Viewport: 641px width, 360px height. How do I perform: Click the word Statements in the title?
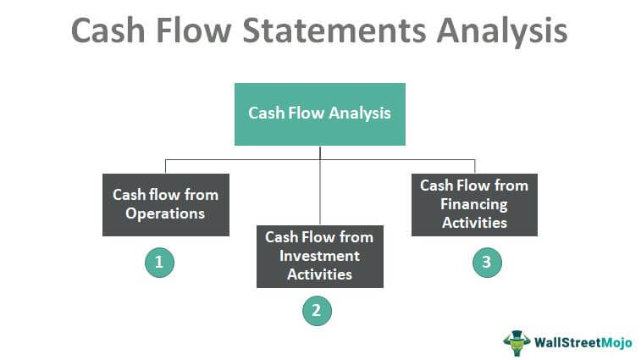pyautogui.click(x=334, y=30)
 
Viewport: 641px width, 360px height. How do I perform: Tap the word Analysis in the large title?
pyautogui.click(x=502, y=31)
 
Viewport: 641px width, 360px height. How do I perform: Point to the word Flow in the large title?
pyautogui.click(x=194, y=30)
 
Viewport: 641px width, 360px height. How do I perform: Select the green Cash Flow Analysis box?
pyautogui.click(x=320, y=114)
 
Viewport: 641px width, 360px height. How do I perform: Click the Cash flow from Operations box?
pyautogui.click(x=166, y=205)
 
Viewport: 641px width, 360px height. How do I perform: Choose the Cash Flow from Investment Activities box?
pyautogui.click(x=320, y=257)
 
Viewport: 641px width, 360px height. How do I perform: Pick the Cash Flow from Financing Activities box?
pyautogui.click(x=475, y=205)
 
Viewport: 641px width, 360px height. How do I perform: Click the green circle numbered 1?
pyautogui.click(x=159, y=263)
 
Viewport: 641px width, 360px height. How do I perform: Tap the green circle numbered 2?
pyautogui.click(x=318, y=311)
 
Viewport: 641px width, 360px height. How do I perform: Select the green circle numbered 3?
pyautogui.click(x=487, y=263)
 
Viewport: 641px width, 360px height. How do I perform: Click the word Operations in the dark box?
pyautogui.click(x=165, y=214)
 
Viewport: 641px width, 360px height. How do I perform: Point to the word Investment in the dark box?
pyautogui.click(x=320, y=256)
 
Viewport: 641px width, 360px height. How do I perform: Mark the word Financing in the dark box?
pyautogui.click(x=474, y=204)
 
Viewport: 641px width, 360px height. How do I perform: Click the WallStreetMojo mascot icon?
pyautogui.click(x=517, y=343)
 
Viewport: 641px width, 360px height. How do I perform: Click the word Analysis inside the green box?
pyautogui.click(x=360, y=114)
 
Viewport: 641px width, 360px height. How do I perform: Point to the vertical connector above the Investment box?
pyautogui.click(x=320, y=186)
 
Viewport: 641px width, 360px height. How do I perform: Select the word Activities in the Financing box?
pyautogui.click(x=475, y=223)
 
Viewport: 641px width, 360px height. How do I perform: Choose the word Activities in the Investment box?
pyautogui.click(x=320, y=274)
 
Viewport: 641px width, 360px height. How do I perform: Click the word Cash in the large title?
pyautogui.click(x=108, y=30)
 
